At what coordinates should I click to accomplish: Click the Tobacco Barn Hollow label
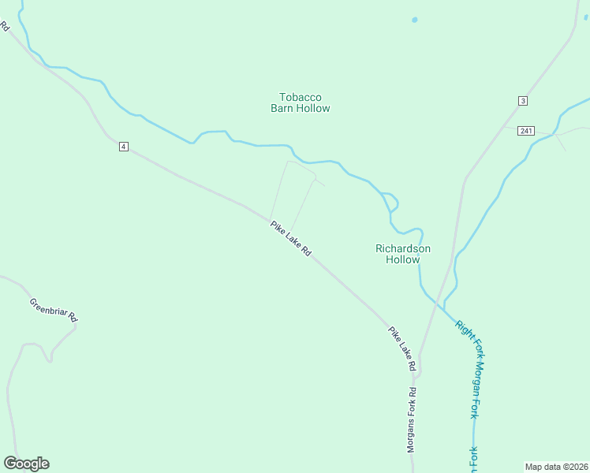pos(300,102)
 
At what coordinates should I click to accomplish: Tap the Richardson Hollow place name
pos(402,253)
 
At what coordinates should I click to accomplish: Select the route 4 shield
pos(124,147)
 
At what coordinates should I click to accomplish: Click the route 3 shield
pos(522,101)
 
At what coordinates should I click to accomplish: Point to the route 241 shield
pos(527,131)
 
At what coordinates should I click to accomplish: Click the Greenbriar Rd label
pos(54,309)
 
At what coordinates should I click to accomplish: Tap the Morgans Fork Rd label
pos(412,419)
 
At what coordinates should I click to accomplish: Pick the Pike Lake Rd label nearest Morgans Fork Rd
pos(401,348)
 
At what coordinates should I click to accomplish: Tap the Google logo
pos(26,464)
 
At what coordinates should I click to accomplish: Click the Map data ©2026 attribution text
pos(557,467)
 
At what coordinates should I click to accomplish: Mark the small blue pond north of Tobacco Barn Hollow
pos(414,20)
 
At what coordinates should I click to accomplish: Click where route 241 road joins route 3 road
pos(506,126)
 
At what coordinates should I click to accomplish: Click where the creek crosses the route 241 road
pos(559,132)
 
